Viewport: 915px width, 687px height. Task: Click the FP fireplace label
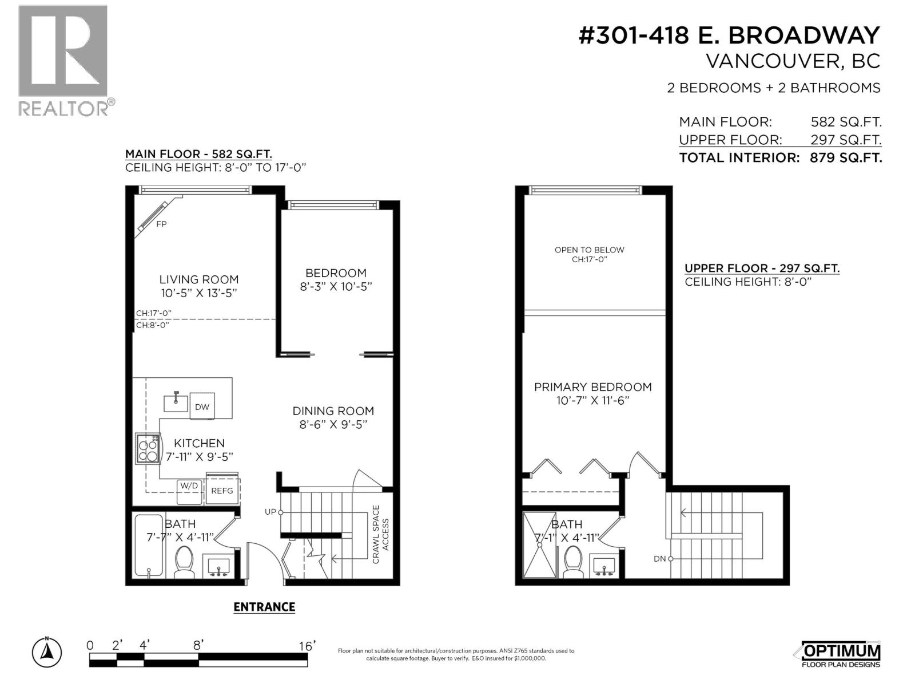tap(161, 224)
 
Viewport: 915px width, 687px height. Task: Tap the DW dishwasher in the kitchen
tap(202, 407)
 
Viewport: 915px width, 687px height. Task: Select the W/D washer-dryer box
tap(189, 491)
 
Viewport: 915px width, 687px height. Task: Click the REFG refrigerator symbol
tap(222, 491)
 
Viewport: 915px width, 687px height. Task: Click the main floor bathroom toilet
tap(185, 561)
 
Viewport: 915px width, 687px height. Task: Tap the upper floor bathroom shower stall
tap(539, 545)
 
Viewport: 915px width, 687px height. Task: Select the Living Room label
tap(199, 279)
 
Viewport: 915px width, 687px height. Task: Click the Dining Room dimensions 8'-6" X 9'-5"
tap(333, 424)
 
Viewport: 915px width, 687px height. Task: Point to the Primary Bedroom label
tap(592, 387)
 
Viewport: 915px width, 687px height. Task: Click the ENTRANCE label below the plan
tap(264, 607)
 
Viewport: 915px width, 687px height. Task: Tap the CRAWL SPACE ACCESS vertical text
tap(380, 534)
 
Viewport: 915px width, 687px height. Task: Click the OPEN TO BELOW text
tap(589, 250)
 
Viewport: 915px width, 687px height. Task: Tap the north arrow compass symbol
tap(47, 652)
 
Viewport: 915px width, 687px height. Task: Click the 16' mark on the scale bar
tap(307, 646)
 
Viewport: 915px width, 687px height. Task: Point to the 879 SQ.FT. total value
tap(845, 158)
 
